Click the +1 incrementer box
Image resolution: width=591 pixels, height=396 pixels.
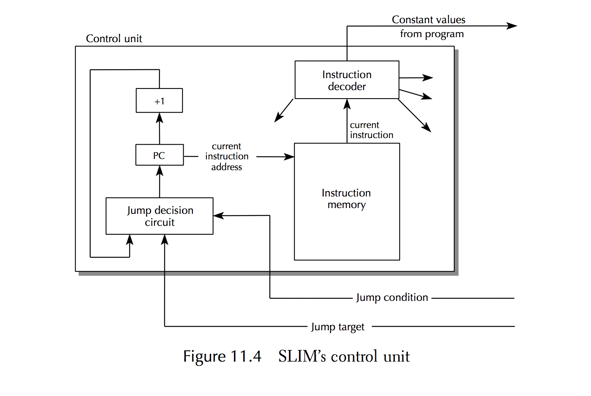click(x=159, y=101)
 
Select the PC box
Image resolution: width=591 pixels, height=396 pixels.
click(x=159, y=155)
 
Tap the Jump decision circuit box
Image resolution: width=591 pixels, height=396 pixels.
click(x=159, y=216)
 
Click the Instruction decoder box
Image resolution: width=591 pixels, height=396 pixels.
click(x=347, y=80)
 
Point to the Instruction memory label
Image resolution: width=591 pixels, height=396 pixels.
click(x=346, y=199)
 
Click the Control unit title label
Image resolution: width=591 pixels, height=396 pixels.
click(x=114, y=39)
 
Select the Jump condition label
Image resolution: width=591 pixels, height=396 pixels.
click(x=392, y=297)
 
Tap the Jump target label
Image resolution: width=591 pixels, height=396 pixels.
click(x=338, y=327)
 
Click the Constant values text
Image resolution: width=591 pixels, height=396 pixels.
click(x=428, y=20)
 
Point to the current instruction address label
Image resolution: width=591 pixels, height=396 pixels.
click(x=227, y=157)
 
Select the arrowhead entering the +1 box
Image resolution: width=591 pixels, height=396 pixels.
click(x=159, y=117)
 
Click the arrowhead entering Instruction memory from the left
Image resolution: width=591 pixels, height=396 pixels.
click(x=289, y=157)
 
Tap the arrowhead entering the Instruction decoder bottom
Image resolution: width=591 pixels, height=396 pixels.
click(x=347, y=104)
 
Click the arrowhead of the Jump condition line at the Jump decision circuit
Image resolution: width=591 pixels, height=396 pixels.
click(x=218, y=215)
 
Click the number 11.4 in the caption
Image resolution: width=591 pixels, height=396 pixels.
click(x=246, y=356)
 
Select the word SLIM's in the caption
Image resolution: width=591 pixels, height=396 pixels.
click(x=302, y=356)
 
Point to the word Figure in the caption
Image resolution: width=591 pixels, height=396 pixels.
click(x=204, y=356)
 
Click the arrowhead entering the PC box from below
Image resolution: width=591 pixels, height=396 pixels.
click(x=160, y=171)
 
